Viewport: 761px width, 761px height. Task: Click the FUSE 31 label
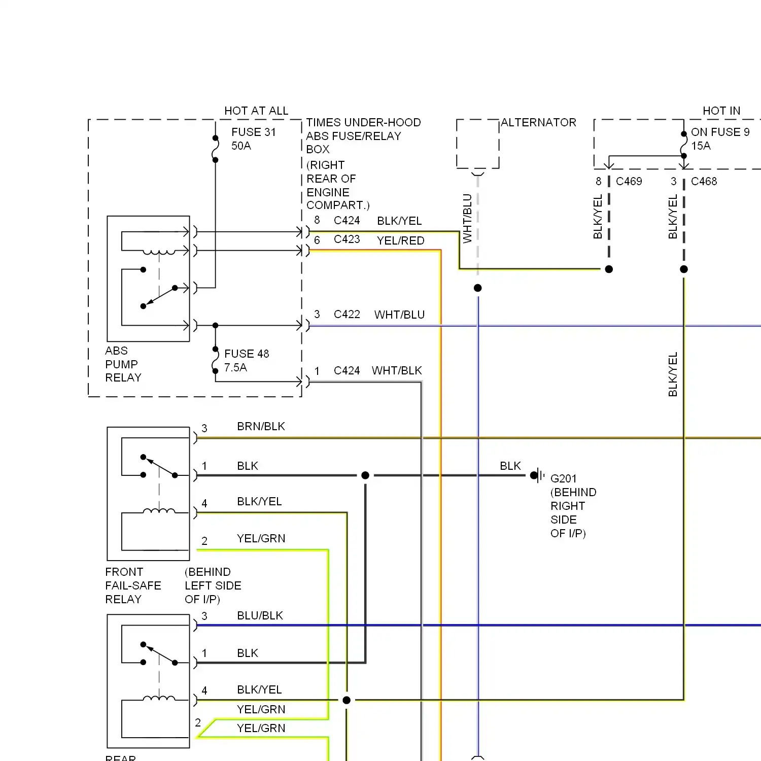254,132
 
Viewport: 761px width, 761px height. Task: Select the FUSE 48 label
247,354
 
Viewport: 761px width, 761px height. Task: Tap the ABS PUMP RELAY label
123,364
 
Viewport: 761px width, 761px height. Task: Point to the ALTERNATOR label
538,122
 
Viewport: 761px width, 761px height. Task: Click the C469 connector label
629,181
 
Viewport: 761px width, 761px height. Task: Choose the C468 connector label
704,181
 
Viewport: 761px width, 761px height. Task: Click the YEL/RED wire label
401,240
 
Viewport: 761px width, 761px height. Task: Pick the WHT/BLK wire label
397,370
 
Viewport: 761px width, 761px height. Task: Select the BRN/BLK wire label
261,426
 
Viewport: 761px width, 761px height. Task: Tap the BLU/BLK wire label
260,615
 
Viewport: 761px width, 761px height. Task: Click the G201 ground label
564,478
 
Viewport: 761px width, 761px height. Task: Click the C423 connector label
347,239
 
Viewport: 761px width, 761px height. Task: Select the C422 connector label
347,314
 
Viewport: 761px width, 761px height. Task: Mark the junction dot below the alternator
477,288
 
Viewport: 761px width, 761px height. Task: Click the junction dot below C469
609,269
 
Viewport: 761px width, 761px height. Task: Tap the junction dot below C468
684,269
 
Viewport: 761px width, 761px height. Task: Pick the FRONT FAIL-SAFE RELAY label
133,585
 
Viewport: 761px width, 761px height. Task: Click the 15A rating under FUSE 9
701,146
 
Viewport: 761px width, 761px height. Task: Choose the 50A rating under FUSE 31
241,146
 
